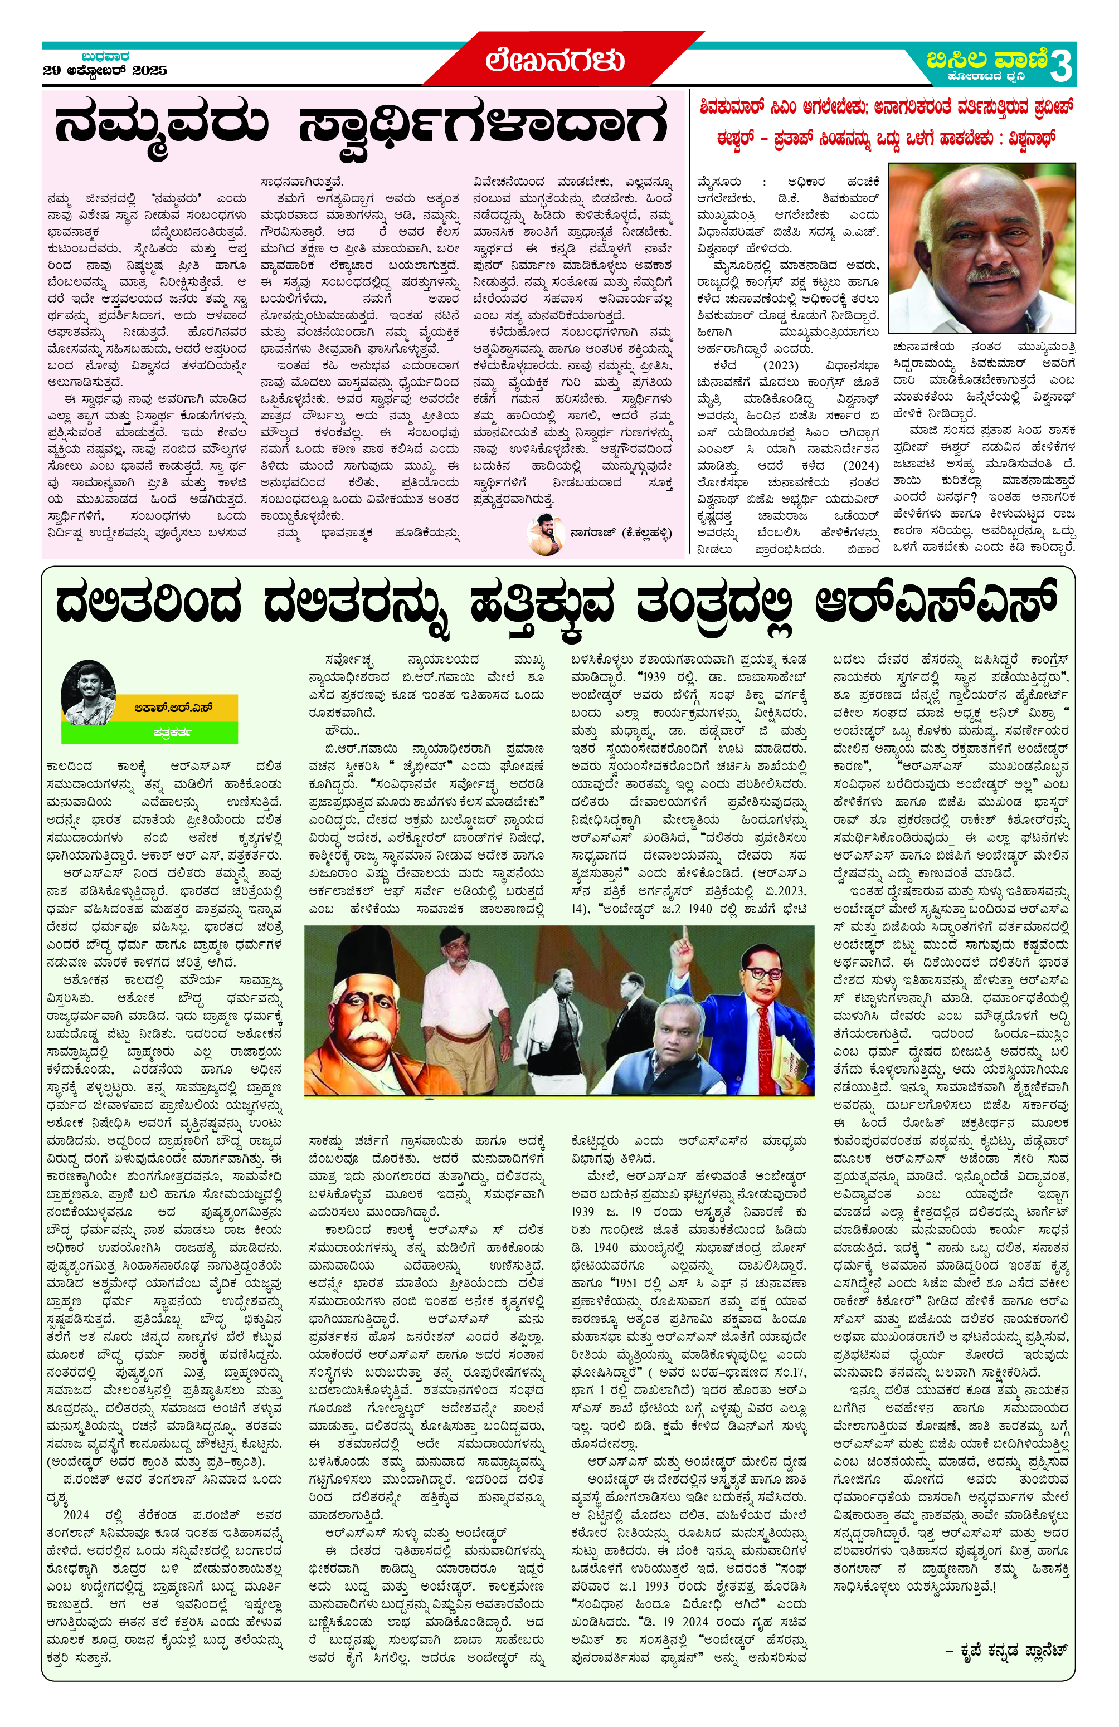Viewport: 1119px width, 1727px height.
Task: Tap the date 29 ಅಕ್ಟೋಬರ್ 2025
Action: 105,70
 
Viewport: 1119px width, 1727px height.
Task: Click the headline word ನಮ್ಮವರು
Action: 161,125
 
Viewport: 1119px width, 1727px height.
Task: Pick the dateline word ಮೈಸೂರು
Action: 718,182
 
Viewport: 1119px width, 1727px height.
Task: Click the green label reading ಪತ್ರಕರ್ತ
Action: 172,733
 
